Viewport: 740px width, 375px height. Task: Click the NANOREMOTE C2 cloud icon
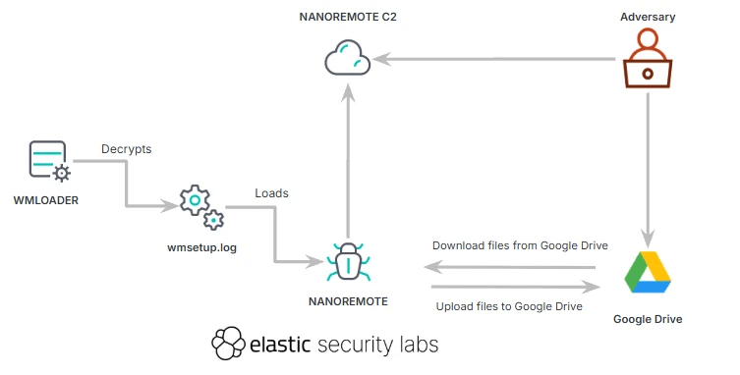pos(347,59)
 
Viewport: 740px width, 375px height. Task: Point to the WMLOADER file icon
pos(47,162)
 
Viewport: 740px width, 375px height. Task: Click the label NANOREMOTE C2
pos(347,17)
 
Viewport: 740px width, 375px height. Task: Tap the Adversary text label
pos(649,17)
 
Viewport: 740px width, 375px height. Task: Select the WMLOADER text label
pos(45,200)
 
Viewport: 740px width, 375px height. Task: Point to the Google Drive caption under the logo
pos(647,319)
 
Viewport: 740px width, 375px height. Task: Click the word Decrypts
pos(126,149)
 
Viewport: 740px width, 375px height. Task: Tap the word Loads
pos(271,193)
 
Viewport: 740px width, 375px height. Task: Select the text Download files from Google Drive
pos(520,245)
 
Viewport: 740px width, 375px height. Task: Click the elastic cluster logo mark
pos(228,344)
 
